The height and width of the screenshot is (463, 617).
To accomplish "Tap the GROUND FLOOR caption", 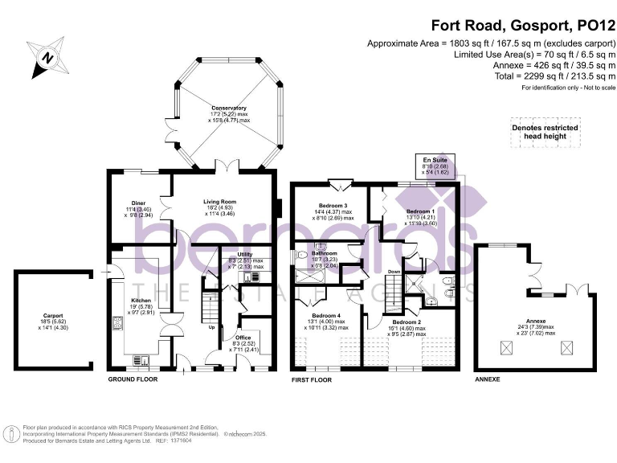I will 132,378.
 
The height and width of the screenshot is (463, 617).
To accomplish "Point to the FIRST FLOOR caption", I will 310,378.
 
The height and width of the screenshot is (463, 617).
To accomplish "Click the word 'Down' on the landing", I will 394,272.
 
